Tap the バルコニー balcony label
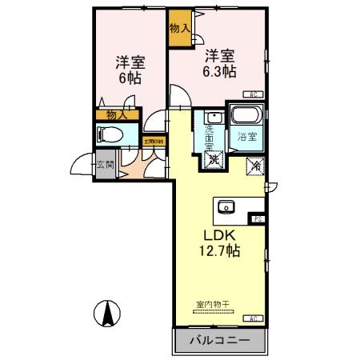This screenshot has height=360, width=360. coord(219,340)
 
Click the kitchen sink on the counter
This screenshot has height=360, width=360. coord(227,207)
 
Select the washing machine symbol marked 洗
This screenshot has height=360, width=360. coord(213,159)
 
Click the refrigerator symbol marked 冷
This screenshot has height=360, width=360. coord(255,166)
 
